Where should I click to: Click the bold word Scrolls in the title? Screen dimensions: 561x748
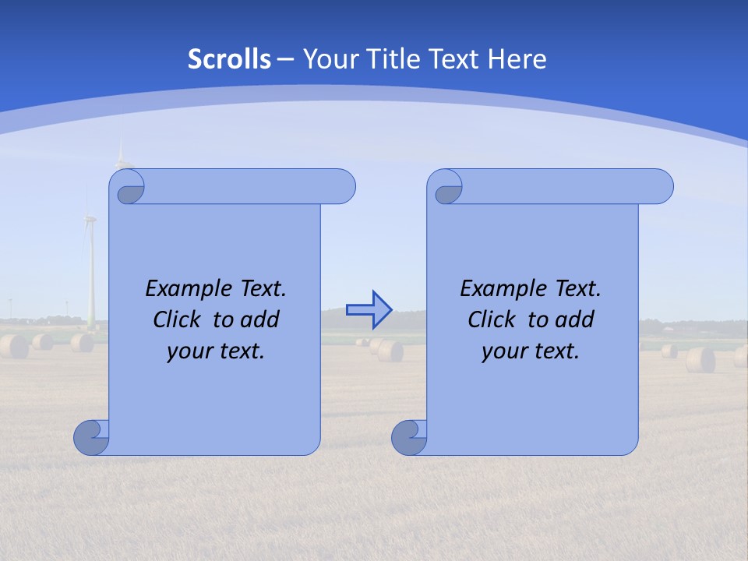(x=229, y=59)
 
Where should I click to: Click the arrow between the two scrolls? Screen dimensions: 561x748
(x=369, y=310)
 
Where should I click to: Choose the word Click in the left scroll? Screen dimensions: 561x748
(x=179, y=319)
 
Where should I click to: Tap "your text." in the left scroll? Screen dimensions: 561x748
(x=216, y=351)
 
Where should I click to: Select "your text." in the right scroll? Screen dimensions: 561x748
(x=531, y=351)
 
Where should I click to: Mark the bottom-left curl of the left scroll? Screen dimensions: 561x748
(x=90, y=438)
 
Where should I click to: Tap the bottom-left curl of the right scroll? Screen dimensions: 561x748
(x=408, y=438)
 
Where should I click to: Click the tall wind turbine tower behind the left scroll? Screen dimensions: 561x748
(x=90, y=273)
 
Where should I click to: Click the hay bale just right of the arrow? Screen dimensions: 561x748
(x=390, y=351)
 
